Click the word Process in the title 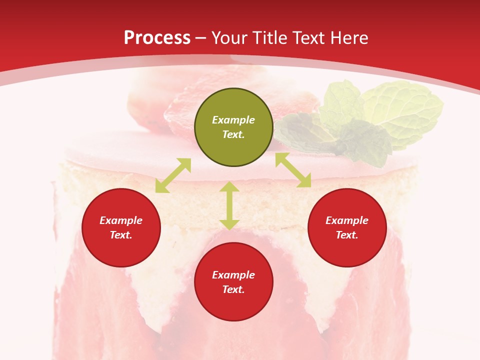[157, 38]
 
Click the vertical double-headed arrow [229, 205]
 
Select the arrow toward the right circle [293, 170]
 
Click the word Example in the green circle [233, 120]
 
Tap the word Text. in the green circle [233, 134]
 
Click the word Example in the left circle [121, 220]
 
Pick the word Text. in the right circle [347, 235]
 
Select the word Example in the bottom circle [233, 275]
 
